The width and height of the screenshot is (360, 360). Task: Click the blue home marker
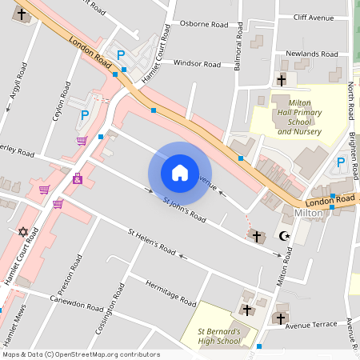[x=180, y=172]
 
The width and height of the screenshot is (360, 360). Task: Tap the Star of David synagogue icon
[x=22, y=232]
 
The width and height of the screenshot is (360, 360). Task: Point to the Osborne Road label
[x=204, y=23]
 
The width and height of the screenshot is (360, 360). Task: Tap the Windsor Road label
[x=196, y=63]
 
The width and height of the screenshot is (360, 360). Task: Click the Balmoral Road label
[x=238, y=53]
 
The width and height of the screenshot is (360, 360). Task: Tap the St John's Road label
[x=185, y=210]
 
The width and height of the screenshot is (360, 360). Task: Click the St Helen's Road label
[x=152, y=242]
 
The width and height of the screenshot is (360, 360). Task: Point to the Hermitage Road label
[x=170, y=293]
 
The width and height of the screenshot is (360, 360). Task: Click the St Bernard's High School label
[x=218, y=336]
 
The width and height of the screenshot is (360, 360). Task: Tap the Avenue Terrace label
[x=315, y=326]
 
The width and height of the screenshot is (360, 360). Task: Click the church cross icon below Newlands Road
[x=281, y=80]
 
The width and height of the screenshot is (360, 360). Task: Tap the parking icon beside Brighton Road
[x=340, y=162]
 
